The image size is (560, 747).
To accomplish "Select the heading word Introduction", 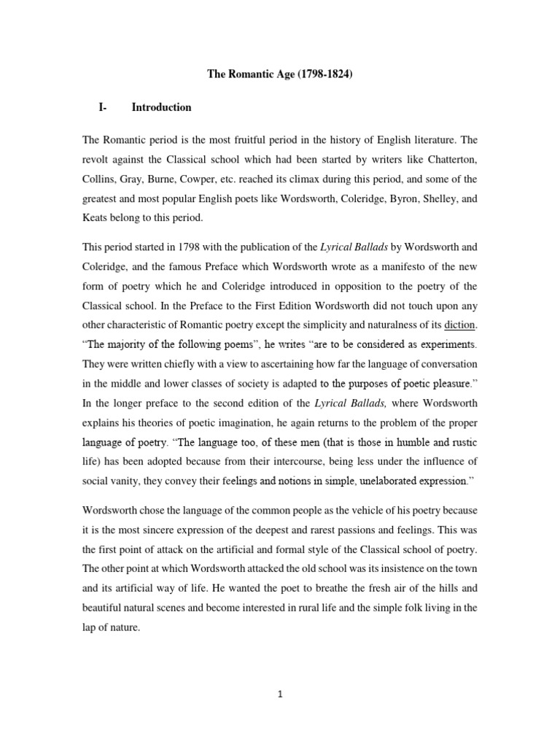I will tap(161, 107).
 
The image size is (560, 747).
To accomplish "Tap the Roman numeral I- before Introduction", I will tap(102, 107).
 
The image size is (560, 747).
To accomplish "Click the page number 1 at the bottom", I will tap(279, 694).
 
